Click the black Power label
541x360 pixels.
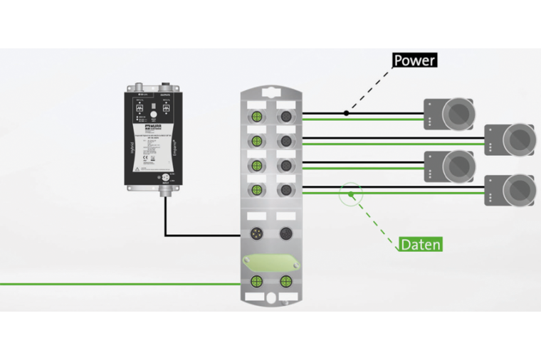pyautogui.click(x=414, y=60)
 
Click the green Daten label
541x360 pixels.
pyautogui.click(x=420, y=244)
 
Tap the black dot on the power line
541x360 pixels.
pyautogui.click(x=346, y=112)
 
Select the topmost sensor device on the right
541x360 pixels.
pyautogui.click(x=450, y=114)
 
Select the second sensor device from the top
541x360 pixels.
pyautogui.click(x=510, y=139)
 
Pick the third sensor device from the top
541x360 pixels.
pyautogui.click(x=450, y=166)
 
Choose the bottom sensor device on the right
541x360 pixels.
pyautogui.click(x=510, y=191)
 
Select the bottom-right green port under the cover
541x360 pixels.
pyautogui.click(x=286, y=280)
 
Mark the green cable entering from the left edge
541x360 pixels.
pyautogui.click(x=107, y=284)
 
